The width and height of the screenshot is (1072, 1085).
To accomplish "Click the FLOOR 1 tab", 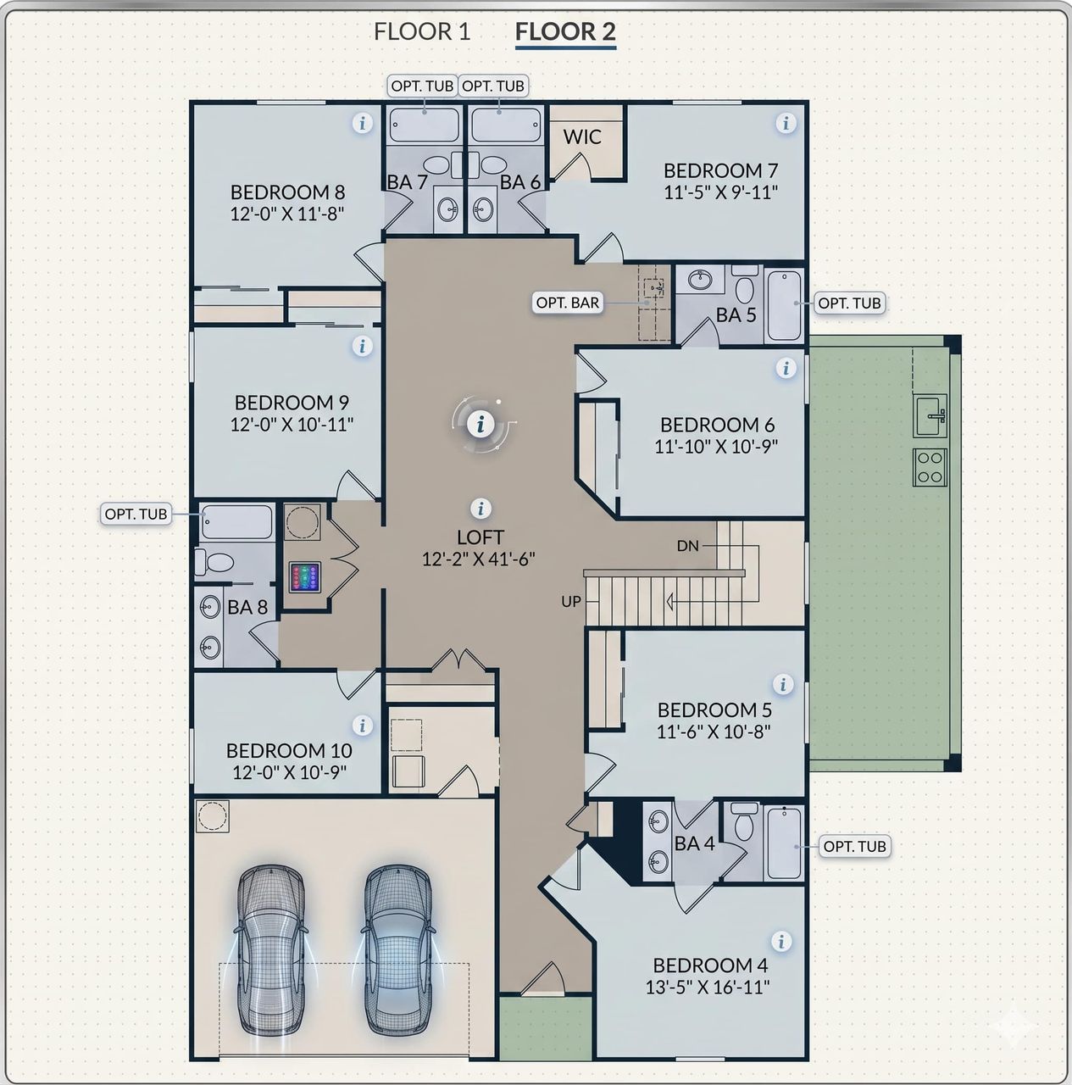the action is coord(422,31).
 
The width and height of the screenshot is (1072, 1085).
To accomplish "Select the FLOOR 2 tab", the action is coord(565,31).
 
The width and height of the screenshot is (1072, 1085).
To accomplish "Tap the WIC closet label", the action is coord(582,136).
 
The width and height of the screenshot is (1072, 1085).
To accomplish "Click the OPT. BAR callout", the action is coord(568,303).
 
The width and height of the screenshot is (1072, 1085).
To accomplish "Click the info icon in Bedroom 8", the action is coord(363,123).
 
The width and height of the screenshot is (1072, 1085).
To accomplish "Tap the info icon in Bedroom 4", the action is coord(781,942).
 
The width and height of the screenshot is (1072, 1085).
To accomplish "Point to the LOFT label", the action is coord(480,537).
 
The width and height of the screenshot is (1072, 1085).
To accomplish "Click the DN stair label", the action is coord(687,546).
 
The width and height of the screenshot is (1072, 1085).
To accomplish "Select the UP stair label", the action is coord(571,601).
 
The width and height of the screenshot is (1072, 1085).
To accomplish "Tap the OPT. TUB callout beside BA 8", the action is coord(136,514).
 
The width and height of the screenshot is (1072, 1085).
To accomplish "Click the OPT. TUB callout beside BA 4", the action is coord(855,846).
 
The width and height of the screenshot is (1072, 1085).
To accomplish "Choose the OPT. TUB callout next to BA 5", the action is coord(849,303).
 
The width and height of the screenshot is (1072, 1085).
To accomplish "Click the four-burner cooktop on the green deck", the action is coord(930,467).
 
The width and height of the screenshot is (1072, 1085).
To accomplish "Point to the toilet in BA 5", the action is coord(744,284).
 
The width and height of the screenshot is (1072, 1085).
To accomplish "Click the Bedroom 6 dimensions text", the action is coord(715,447).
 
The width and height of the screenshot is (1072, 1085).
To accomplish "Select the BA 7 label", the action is coord(407,182).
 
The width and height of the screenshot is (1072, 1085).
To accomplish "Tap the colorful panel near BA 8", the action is coord(305,577).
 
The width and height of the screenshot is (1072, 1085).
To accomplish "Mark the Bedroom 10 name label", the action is coord(289,750).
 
